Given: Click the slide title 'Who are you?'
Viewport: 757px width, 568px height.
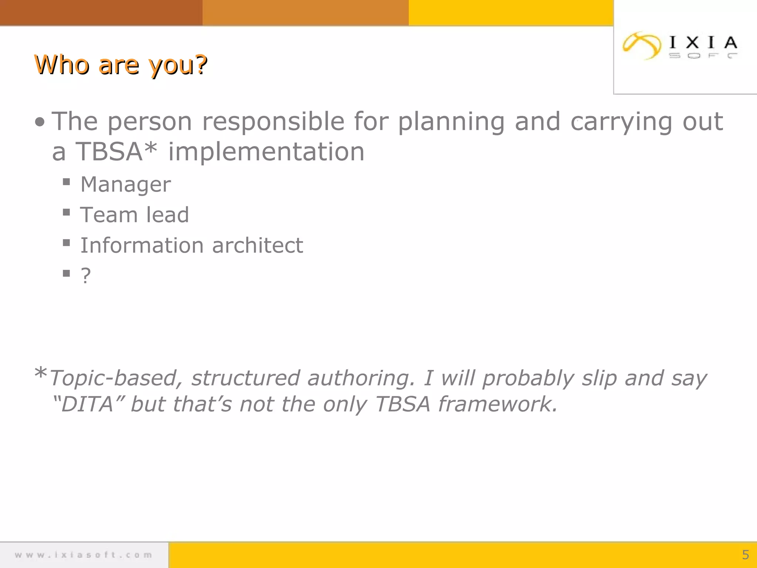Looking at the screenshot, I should [x=120, y=65].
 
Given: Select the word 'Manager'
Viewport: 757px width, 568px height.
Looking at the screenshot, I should [x=126, y=185].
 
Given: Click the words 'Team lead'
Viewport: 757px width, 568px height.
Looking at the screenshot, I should [x=135, y=215].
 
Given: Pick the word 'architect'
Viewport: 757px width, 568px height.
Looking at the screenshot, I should [x=258, y=246].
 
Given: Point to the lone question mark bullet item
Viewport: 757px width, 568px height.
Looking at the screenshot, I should [x=86, y=276].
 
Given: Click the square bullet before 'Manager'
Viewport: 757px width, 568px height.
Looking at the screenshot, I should [x=67, y=182].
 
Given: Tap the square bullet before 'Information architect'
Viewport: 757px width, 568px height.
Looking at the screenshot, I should [x=67, y=243].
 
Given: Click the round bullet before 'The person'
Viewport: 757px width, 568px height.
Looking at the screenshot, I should [x=40, y=122].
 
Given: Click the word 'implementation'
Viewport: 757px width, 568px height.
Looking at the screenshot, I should [x=266, y=152].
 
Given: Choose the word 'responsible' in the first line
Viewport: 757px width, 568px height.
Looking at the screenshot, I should [x=273, y=122].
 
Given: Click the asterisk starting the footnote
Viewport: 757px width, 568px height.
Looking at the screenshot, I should [x=40, y=373].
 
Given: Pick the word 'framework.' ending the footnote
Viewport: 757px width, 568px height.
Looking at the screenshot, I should [x=498, y=404].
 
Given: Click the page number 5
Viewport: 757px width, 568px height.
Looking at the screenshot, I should [x=745, y=555].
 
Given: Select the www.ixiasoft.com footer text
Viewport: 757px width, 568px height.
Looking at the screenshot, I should [x=84, y=555].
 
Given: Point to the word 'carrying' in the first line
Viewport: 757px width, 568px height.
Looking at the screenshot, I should [x=621, y=122].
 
